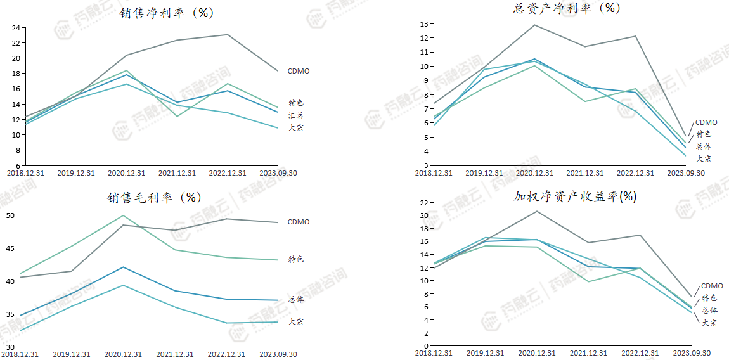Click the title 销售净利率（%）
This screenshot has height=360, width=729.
coord(167,13)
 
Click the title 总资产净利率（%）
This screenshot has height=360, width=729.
coord(566,8)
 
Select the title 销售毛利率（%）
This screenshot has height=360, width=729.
coord(154,197)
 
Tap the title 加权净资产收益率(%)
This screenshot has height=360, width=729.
coord(574,196)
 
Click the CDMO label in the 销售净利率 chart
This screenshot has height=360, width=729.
coord(299,71)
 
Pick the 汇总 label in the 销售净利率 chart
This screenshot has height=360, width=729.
coord(296,115)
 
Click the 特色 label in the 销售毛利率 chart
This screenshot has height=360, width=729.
coord(296,259)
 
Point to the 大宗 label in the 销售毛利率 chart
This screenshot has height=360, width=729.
coord(296,321)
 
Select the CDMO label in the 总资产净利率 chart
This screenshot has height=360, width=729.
coord(706,122)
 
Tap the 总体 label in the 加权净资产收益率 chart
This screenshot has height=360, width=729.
coord(709,310)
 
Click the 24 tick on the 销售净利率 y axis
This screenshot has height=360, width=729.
coord(16,28)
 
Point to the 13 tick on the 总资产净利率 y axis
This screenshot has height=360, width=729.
coord(423,24)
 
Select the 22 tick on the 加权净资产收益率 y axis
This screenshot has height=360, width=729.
coord(423,203)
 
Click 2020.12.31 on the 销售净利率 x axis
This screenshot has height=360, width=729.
coord(127,173)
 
